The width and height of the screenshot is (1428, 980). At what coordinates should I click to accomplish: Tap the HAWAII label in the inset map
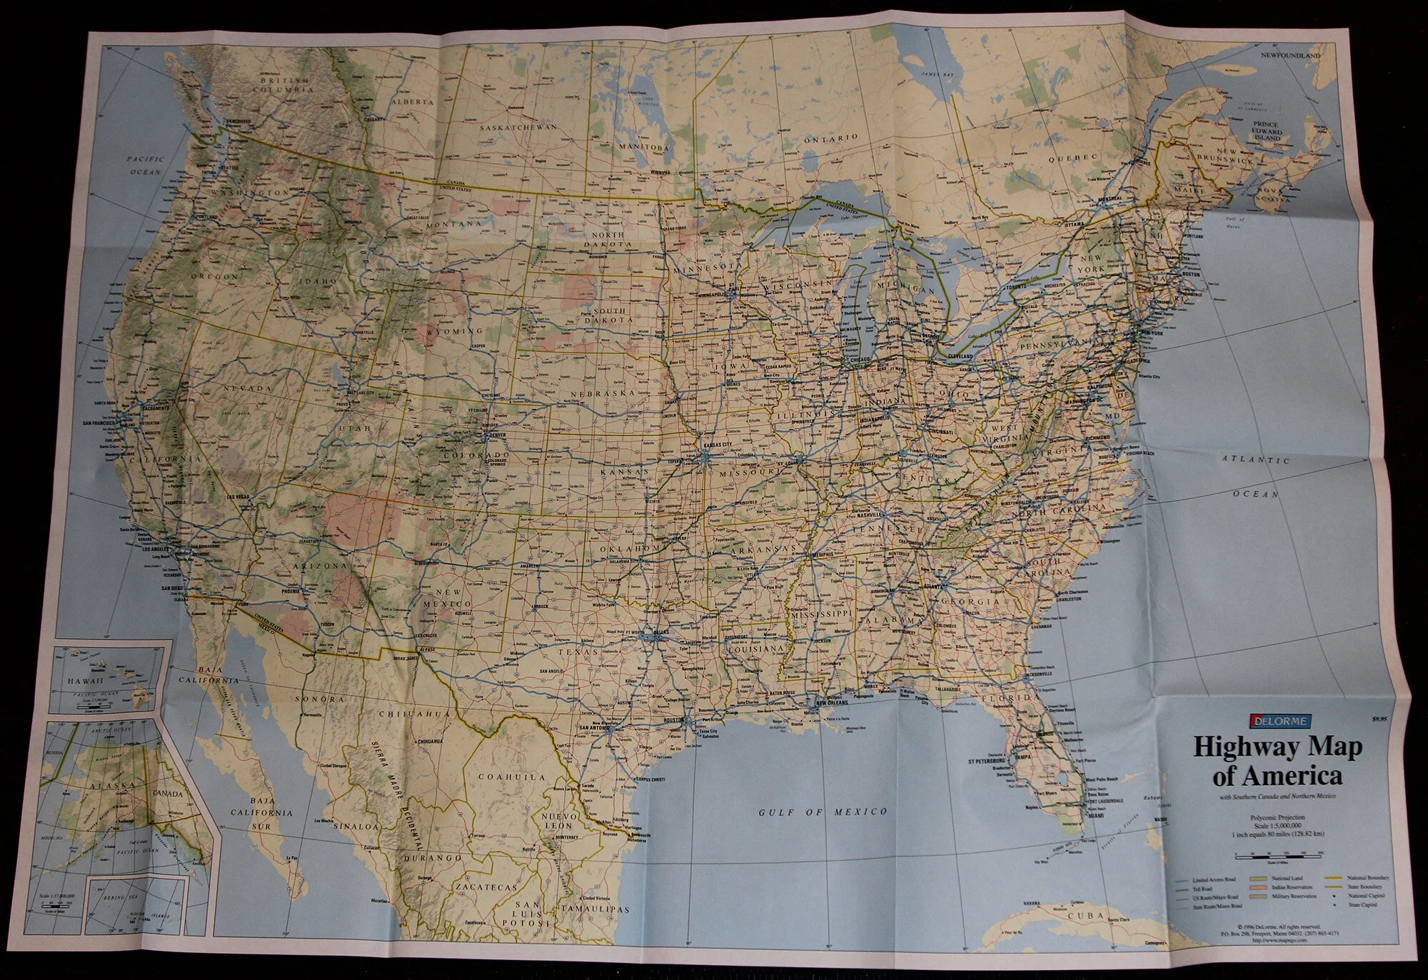coord(81,682)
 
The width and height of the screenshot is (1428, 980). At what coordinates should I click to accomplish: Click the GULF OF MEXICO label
coord(823,812)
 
